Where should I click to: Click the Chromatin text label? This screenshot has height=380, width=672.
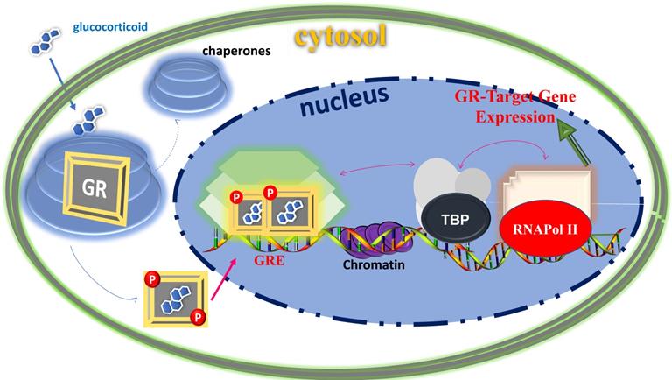coord(363,261)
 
